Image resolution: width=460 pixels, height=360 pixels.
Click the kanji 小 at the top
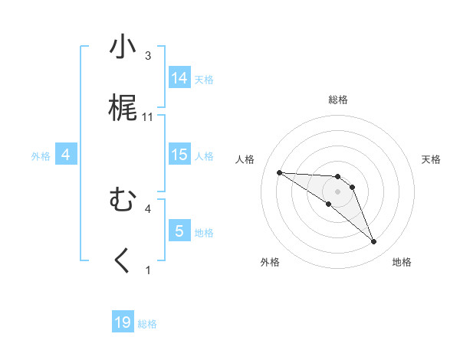tap(123, 47)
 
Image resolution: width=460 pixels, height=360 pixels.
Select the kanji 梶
tap(123, 109)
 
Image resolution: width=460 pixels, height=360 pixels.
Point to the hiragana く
tap(123, 261)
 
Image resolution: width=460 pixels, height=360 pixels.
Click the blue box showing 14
tap(179, 77)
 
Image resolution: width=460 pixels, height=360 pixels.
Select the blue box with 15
tap(179, 154)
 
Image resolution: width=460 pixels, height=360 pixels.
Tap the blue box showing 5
tap(179, 231)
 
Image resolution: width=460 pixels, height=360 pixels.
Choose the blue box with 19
tap(123, 322)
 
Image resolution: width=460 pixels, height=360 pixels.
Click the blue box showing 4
tap(66, 155)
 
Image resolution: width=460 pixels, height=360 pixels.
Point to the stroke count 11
tap(149, 117)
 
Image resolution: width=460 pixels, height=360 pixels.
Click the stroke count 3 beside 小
tap(148, 56)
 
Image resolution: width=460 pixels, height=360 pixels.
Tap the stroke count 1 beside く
tap(148, 270)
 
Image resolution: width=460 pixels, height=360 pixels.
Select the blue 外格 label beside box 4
tap(41, 156)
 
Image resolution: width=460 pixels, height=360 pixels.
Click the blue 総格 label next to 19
tap(147, 324)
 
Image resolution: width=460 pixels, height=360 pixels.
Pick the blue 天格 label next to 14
tap(204, 79)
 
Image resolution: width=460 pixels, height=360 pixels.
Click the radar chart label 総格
tap(338, 100)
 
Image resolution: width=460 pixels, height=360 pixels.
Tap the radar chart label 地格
tap(402, 263)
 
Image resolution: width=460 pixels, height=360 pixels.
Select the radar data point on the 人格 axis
tap(280, 172)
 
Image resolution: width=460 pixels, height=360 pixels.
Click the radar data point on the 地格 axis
tap(374, 242)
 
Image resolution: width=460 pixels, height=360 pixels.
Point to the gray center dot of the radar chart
tap(338, 191)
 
